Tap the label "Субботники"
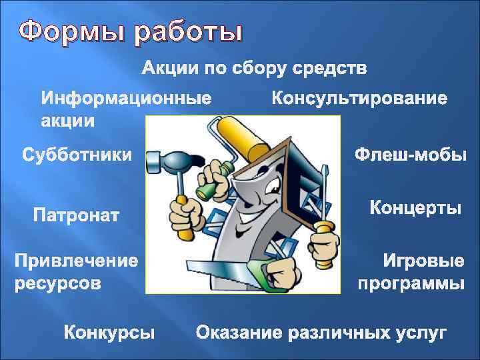[77, 156]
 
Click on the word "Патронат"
[77, 215]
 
